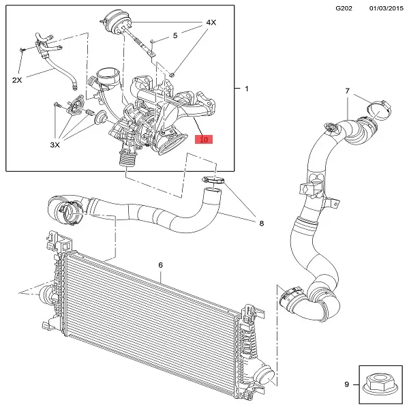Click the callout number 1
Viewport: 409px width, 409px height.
point(247,89)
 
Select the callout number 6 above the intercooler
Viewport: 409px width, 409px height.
point(161,264)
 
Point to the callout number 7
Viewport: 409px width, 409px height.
point(346,91)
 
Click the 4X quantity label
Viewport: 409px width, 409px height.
point(211,22)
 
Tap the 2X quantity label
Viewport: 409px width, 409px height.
point(17,80)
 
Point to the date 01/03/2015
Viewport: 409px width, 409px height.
point(384,7)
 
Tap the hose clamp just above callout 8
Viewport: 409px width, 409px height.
point(214,180)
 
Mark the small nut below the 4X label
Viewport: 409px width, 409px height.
point(175,73)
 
